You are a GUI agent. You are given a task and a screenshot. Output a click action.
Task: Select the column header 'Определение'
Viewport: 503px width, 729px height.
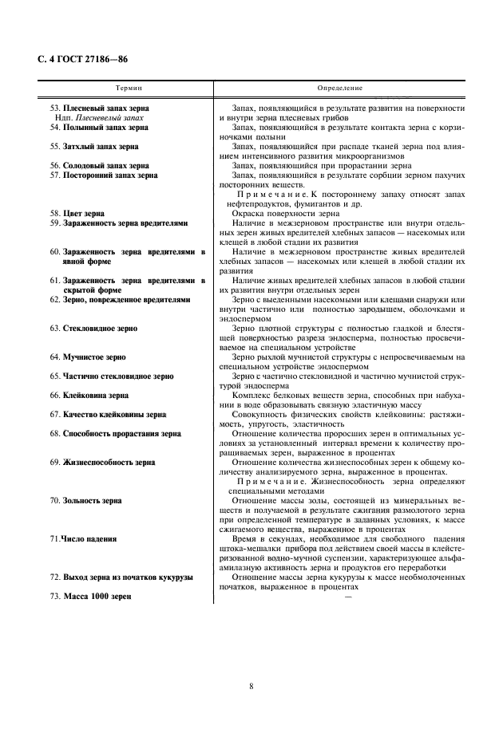click(340, 88)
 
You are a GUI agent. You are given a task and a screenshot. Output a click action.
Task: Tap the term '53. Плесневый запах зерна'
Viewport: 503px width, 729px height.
click(99, 108)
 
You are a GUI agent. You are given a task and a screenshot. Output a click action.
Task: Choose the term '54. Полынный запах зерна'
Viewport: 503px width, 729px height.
click(99, 127)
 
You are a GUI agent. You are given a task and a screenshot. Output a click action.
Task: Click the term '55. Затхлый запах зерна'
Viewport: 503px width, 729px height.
click(94, 147)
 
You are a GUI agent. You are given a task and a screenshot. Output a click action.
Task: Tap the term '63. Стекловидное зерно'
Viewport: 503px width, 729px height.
click(93, 328)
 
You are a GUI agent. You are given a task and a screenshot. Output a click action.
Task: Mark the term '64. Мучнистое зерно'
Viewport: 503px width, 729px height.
click(88, 357)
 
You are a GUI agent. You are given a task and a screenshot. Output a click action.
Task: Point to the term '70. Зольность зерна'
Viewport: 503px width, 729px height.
click(86, 501)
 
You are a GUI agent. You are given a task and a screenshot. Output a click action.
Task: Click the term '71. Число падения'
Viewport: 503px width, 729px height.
click(83, 539)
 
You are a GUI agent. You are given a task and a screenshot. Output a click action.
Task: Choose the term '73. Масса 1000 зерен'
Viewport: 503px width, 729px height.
click(89, 597)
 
